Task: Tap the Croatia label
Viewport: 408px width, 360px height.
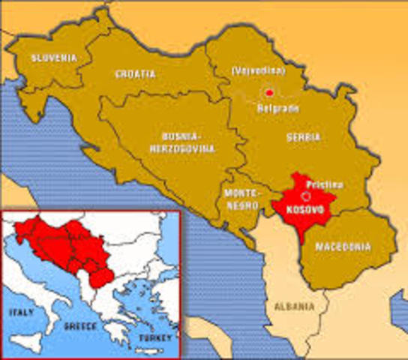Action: [x=135, y=73]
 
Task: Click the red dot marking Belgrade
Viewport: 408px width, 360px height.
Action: [x=269, y=93]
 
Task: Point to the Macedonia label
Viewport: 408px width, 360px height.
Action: [x=342, y=246]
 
